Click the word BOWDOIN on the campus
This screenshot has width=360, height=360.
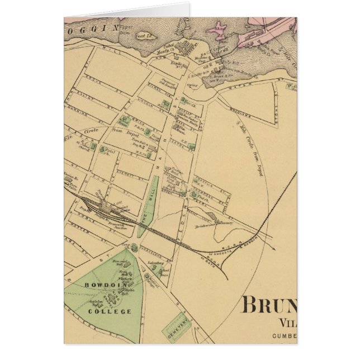99,285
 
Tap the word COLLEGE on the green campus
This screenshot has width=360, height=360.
116,311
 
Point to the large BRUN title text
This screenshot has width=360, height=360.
269,307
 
